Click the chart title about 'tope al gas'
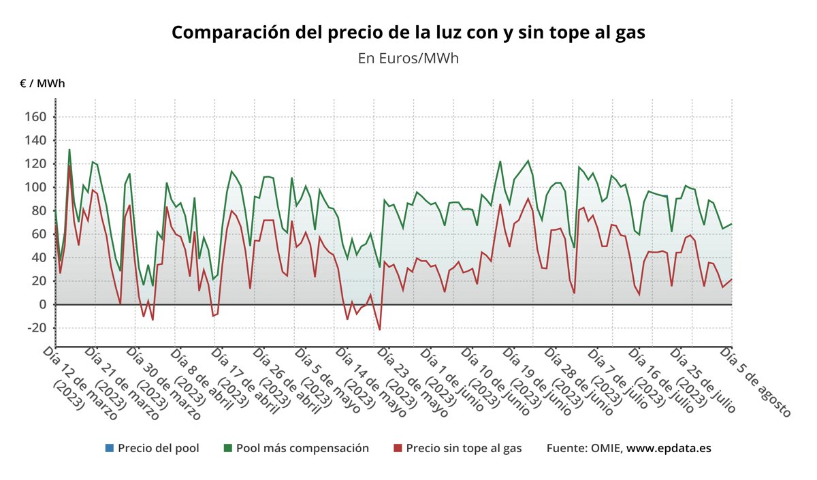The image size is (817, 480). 408,32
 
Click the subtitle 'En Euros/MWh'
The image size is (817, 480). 408,59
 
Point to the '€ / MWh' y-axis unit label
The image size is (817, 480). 42,84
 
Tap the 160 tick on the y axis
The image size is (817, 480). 35,117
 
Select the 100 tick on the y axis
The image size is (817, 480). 35,187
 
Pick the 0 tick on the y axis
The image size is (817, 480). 41,304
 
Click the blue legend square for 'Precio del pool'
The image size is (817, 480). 109,448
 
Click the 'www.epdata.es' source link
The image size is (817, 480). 669,448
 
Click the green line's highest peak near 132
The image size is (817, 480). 69,150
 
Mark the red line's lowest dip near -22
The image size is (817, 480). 379,330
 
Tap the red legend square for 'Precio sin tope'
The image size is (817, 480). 398,448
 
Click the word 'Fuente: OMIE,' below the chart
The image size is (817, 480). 583,448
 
